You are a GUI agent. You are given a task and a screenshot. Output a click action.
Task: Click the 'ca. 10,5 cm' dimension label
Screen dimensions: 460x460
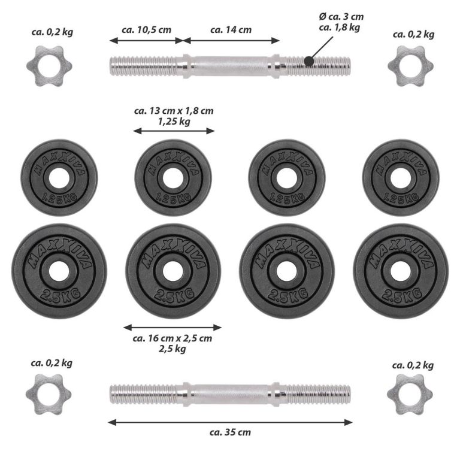(146, 30)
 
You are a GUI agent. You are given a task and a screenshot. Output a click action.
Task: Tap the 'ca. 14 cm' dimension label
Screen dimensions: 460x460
(231, 30)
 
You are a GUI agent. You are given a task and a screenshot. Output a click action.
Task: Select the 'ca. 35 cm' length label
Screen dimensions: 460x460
(230, 432)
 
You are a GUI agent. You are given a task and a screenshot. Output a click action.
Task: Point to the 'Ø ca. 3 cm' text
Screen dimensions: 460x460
(341, 17)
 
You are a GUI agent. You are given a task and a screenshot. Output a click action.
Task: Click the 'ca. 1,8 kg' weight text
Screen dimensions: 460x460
(340, 28)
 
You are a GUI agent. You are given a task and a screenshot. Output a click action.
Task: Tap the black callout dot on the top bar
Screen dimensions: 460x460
(308, 61)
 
